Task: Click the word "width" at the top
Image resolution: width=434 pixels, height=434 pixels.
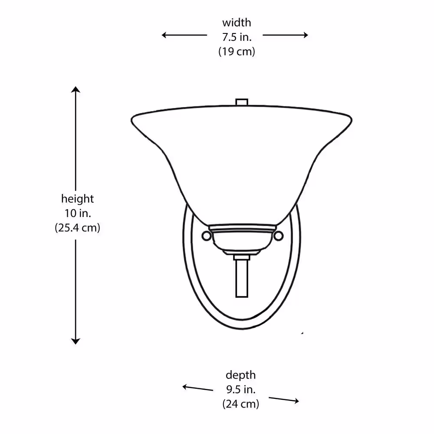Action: click(x=237, y=23)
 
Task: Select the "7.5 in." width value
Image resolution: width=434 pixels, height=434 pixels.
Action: click(x=237, y=37)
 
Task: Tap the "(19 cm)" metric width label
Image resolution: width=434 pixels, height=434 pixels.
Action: click(x=237, y=52)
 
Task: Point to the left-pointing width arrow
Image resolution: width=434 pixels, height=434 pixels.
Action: click(x=184, y=35)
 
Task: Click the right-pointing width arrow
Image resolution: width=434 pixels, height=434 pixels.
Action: click(x=286, y=35)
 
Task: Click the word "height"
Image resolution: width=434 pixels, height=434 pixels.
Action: click(x=78, y=199)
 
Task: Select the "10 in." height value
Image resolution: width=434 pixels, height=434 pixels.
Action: click(x=78, y=214)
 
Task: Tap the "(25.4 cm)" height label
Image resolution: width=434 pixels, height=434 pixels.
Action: click(x=78, y=228)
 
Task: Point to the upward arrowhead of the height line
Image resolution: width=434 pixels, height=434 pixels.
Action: click(x=76, y=89)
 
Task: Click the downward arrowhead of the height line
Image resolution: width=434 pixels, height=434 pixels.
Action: click(x=76, y=341)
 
